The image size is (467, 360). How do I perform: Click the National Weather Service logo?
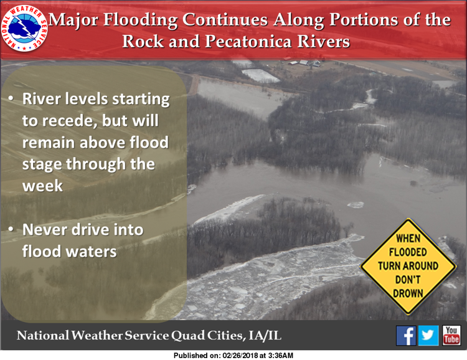[24, 28]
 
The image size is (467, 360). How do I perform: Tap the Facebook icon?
[406, 336]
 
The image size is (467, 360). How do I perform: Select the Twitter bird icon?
[428, 336]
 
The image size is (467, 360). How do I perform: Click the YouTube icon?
[451, 336]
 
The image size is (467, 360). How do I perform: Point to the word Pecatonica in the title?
[248, 41]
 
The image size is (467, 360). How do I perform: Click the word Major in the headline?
[73, 20]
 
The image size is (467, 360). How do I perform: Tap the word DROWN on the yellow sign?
[408, 293]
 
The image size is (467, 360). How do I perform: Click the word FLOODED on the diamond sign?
[408, 252]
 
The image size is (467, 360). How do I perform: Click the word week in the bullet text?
[42, 186]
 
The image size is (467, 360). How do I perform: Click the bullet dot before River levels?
[11, 98]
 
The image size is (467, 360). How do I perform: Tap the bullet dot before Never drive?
[11, 229]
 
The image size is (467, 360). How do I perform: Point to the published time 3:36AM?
[281, 356]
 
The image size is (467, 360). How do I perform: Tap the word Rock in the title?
[143, 41]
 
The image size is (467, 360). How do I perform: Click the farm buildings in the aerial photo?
[304, 63]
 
